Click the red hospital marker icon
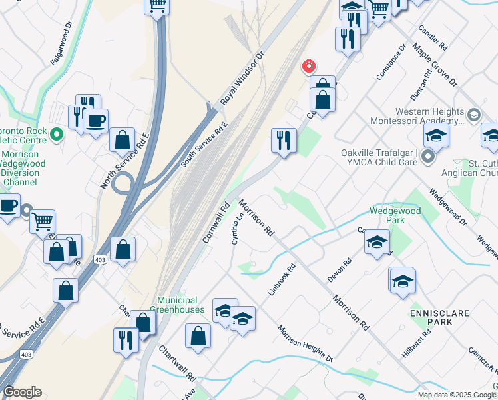pos(308,66)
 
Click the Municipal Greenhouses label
pos(181,305)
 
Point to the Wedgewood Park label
pos(397,215)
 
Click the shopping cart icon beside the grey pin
pos(43,221)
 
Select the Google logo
pos(22,392)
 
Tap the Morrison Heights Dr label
pos(305,343)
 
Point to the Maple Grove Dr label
pos(435,65)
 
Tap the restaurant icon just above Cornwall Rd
pos(284,140)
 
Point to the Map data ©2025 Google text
pos(457,395)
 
